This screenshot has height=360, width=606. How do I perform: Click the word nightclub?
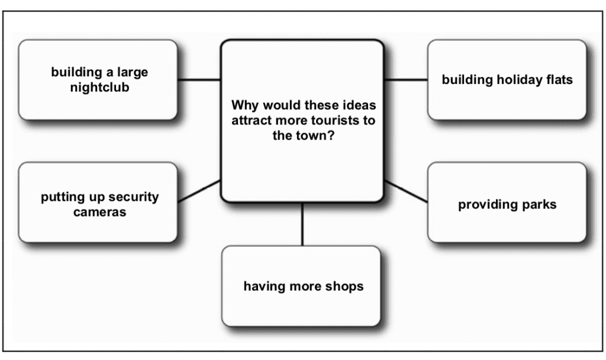coord(99,88)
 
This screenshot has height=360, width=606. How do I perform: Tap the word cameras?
coord(99,211)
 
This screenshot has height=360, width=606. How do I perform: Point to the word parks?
coord(536,205)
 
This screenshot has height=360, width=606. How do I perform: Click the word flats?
coord(557,79)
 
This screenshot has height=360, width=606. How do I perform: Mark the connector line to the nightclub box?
coord(199,79)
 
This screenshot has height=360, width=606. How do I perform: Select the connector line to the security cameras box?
coord(199,192)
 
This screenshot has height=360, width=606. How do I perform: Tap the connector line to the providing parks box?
coord(406,192)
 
